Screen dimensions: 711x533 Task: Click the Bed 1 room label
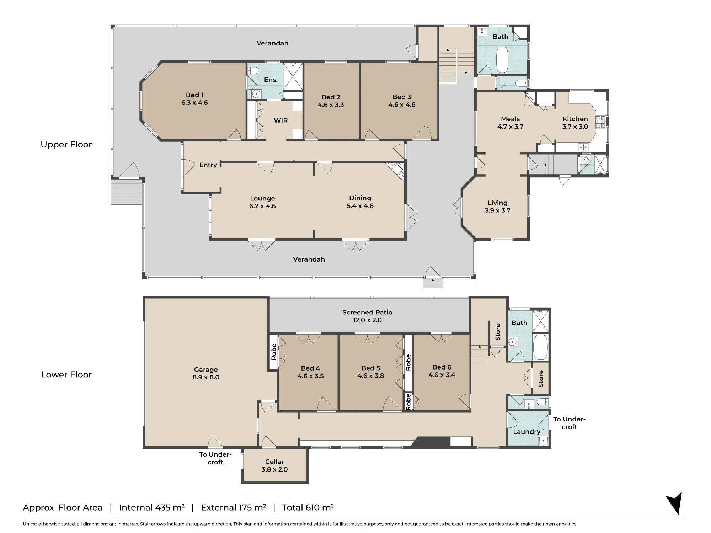pos(194,99)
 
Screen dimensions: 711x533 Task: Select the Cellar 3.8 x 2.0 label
pos(274,465)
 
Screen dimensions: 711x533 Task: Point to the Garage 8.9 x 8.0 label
pos(206,373)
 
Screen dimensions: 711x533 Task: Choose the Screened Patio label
pos(367,312)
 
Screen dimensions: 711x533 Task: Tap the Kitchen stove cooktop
pos(600,122)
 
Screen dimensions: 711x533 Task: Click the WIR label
pos(280,120)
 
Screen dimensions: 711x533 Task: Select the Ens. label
pos(271,80)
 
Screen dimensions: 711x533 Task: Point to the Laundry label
pos(526,432)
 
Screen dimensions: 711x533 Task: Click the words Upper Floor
pos(66,145)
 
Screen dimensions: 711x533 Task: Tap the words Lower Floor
pos(66,375)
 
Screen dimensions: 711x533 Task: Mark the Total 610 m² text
pos(308,507)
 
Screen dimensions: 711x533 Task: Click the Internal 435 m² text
pos(152,507)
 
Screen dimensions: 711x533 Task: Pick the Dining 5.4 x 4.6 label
pos(360,202)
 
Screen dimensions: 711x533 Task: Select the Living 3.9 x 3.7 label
pos(497,206)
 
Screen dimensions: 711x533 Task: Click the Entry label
pos(208,165)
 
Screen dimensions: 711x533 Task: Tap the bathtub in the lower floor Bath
pos(540,347)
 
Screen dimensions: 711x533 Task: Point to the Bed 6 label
pos(442,367)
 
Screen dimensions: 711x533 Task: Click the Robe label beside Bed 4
pos(273,352)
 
